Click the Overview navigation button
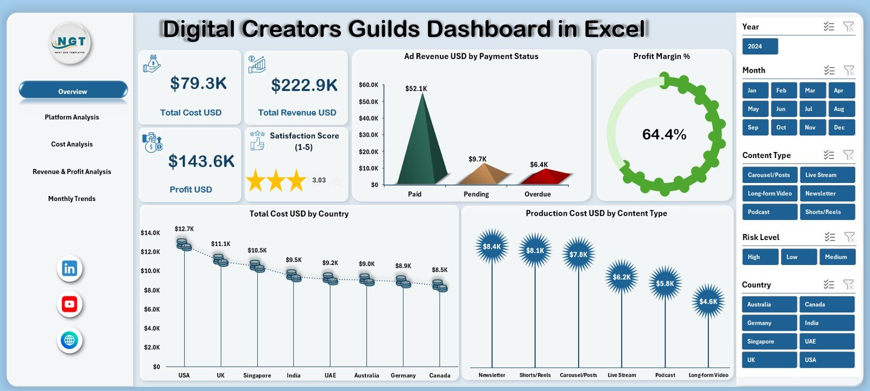coord(73,91)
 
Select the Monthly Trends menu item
coord(72,199)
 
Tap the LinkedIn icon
coord(70,268)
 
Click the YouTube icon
coord(70,304)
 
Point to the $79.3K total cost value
coord(198,83)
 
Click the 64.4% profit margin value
coord(664,134)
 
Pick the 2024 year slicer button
coord(760,46)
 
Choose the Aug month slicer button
coord(840,109)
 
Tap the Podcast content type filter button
coord(769,212)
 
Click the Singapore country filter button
coord(769,342)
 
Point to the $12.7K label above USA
coord(184,229)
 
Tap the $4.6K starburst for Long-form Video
coord(708,301)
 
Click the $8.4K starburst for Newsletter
coord(492,247)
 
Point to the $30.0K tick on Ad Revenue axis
coord(369,135)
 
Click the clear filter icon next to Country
coord(848,285)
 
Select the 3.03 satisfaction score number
coord(319,180)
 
